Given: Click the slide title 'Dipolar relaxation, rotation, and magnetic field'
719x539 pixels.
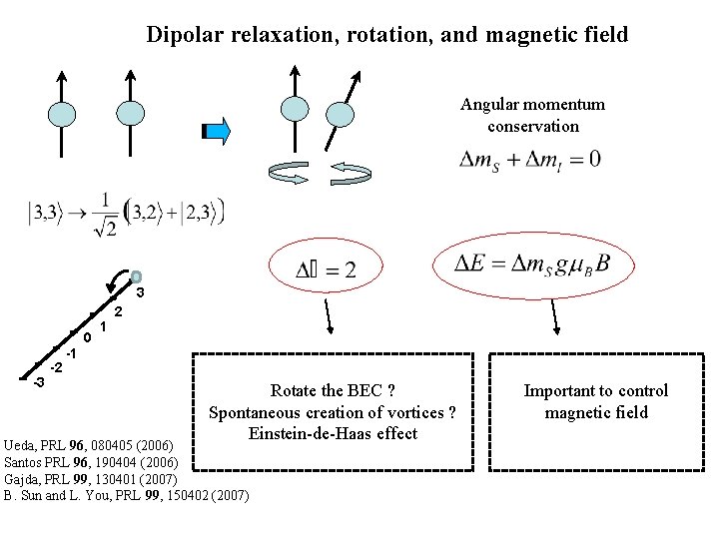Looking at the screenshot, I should (x=387, y=36).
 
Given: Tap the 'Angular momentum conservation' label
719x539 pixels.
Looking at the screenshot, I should (x=532, y=115).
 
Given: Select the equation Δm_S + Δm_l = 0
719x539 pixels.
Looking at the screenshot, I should (x=529, y=160).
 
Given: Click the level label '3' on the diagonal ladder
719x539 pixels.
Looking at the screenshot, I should (x=140, y=294).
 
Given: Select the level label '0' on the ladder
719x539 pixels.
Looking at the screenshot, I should (x=88, y=338).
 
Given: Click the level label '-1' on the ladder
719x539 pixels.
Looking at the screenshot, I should (x=70, y=354).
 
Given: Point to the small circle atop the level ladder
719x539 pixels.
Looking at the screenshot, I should (x=136, y=276).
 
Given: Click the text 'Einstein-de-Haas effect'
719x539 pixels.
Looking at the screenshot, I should (x=334, y=433).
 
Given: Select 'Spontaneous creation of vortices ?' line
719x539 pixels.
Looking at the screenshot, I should (x=334, y=412).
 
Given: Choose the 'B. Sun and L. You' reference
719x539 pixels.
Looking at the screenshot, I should (x=128, y=494).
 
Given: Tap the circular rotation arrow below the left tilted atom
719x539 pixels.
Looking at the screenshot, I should (x=294, y=172).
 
